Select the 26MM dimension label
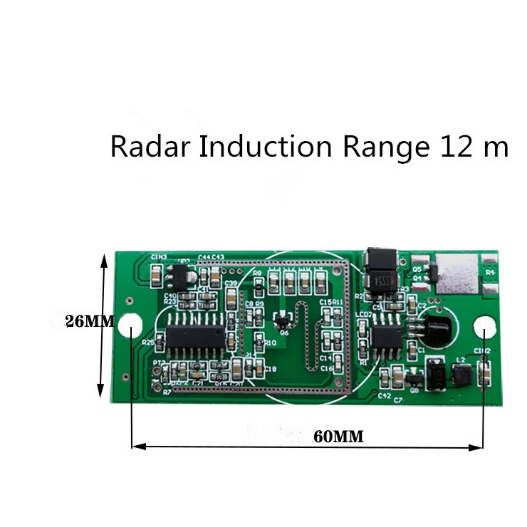click(89, 321)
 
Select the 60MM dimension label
click(338, 437)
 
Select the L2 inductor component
click(459, 373)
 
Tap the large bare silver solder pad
click(456, 275)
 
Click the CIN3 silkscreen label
click(159, 256)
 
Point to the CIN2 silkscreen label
click(482, 352)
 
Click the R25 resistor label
click(148, 343)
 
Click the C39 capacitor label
click(231, 283)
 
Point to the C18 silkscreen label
click(270, 368)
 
